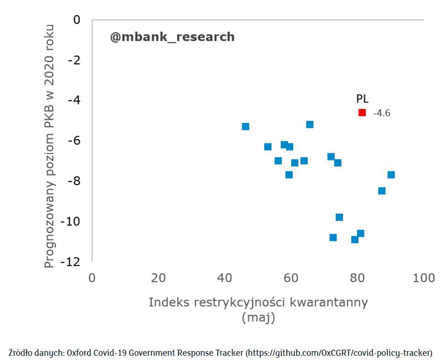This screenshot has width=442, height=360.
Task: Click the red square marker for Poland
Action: (362, 112)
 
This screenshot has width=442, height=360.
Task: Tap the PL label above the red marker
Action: (363, 99)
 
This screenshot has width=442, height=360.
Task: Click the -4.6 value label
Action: (382, 113)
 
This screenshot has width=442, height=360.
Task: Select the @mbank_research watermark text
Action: (172, 37)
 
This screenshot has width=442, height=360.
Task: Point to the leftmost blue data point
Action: (245, 127)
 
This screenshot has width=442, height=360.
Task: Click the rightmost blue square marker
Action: (391, 175)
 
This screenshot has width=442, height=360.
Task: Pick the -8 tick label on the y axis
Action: (74, 181)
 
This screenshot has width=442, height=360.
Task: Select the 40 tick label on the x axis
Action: (225, 278)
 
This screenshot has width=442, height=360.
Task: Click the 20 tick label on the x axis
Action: (158, 278)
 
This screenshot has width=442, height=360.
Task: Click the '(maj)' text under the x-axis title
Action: (258, 318)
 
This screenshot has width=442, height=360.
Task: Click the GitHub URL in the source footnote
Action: (339, 352)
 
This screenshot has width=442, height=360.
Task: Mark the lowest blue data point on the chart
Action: (355, 239)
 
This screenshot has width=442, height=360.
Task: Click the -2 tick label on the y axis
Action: (74, 60)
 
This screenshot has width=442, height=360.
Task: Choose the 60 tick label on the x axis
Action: (291, 278)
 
